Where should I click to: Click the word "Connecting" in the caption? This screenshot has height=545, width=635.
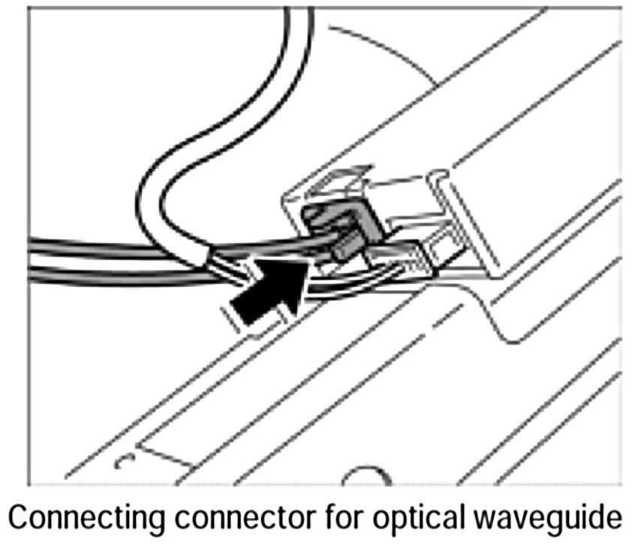(x=98, y=519)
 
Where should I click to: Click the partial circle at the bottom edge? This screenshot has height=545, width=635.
(x=368, y=478)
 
